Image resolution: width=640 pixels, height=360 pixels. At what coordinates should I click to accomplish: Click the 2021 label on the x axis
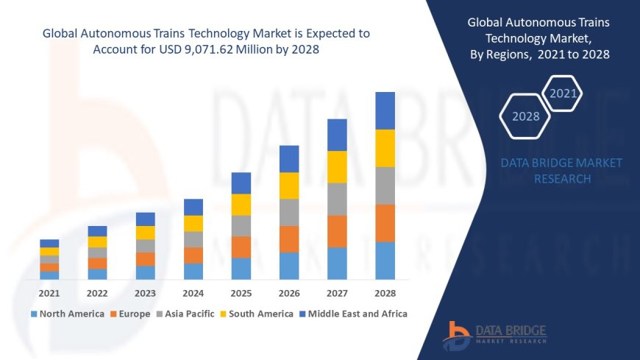pyautogui.click(x=49, y=293)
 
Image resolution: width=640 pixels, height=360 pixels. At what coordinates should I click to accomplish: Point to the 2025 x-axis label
pyautogui.click(x=241, y=293)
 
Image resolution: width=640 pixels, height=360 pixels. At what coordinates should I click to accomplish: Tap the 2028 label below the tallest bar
pyautogui.click(x=385, y=293)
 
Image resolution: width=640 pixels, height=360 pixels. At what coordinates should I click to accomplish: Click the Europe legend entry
pyautogui.click(x=132, y=314)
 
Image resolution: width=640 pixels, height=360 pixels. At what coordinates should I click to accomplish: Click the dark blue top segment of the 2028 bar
pyautogui.click(x=385, y=110)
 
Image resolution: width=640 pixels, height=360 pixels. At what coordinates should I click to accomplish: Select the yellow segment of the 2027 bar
pyautogui.click(x=337, y=166)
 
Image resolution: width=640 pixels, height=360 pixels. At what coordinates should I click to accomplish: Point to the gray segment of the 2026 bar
pyautogui.click(x=289, y=212)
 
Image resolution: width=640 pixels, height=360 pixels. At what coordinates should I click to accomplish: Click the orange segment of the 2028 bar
pyautogui.click(x=385, y=223)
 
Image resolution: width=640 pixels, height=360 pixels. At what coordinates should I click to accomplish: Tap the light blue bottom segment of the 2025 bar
pyautogui.click(x=241, y=268)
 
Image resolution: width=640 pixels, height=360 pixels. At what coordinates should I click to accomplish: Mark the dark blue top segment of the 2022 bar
pyautogui.click(x=97, y=231)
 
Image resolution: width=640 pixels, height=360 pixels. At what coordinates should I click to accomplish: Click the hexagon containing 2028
pyautogui.click(x=525, y=116)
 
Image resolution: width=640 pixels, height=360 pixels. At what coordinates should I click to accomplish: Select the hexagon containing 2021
pyautogui.click(x=563, y=93)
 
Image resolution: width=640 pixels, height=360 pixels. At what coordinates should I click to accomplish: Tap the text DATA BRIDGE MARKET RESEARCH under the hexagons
pyautogui.click(x=561, y=171)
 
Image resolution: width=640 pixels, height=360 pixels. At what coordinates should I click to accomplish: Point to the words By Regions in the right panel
pyautogui.click(x=500, y=55)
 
